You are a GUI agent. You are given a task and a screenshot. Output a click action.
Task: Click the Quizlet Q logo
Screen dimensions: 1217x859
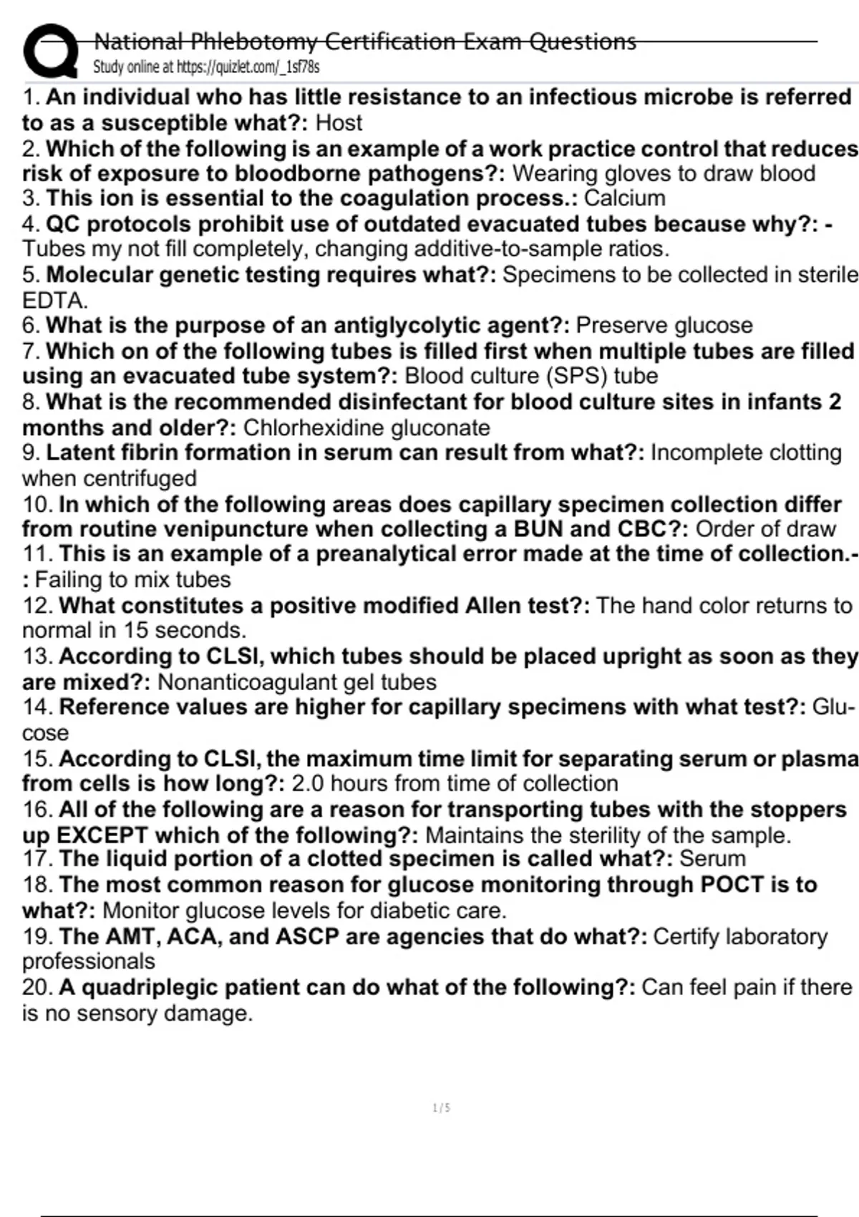point(50,52)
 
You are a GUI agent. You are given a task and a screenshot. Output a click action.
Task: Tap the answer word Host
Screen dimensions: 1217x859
point(339,123)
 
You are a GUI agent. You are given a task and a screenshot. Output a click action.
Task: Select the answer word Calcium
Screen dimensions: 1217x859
point(624,198)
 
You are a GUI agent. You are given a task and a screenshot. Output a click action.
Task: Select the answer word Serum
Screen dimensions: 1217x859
point(712,859)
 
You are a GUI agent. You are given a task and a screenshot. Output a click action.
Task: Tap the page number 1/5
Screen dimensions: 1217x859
point(442,1108)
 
